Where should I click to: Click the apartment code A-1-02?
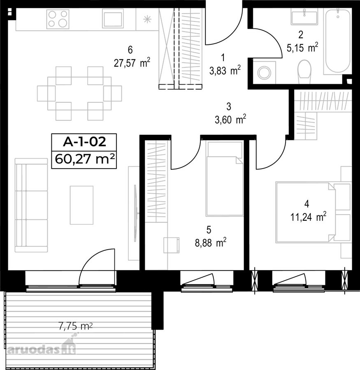pos(84,142)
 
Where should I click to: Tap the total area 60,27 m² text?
pos(85,159)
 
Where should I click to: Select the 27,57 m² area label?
pos(132,63)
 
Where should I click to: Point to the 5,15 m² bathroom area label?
pos(302,48)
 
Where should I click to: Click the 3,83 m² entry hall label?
pos(225,71)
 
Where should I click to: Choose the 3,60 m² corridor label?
pos(230,120)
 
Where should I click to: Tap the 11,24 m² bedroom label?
pos(308,217)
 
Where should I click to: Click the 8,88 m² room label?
pos(211,243)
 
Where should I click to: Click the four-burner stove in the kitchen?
pos(58,19)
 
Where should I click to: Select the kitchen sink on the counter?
pos(113,18)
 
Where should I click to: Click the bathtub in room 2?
pos(337,41)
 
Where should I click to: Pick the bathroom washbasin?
pos(304,16)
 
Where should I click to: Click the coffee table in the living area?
pos(81,205)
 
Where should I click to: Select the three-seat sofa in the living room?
pos(31,205)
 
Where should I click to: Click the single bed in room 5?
pos(224,178)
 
